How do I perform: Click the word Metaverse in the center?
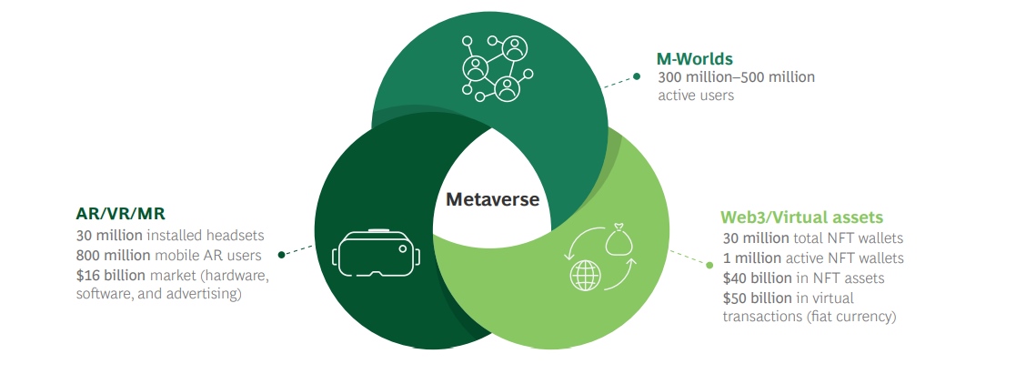pos(492,199)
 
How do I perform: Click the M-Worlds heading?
pos(695,59)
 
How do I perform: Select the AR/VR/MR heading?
pos(120,215)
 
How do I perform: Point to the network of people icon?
pos(491,68)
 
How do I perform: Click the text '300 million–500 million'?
pos(736,77)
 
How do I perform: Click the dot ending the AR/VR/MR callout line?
pos(282,255)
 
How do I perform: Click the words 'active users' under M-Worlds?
pos(696,96)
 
